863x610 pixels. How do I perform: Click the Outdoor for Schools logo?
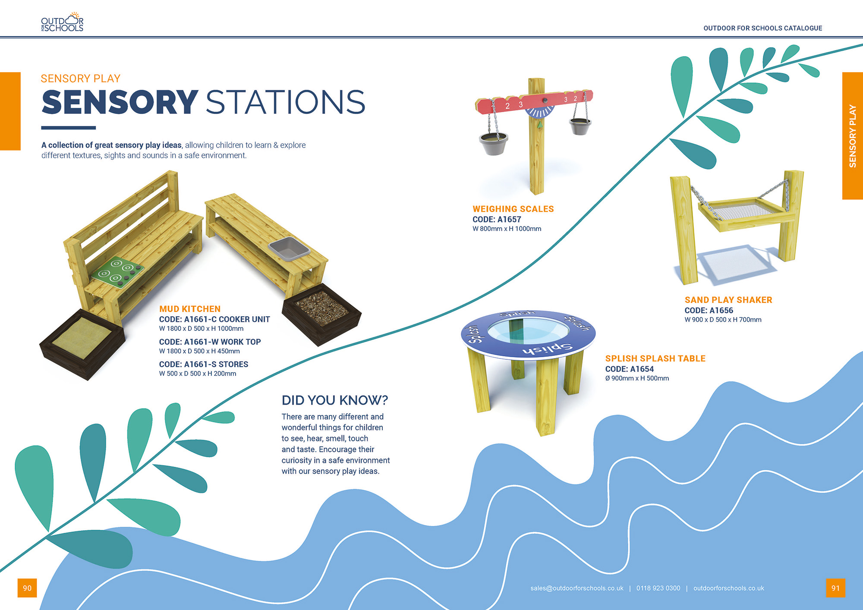pyautogui.click(x=62, y=22)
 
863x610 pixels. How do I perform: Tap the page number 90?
pyautogui.click(x=27, y=588)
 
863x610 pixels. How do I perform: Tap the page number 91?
pyautogui.click(x=835, y=588)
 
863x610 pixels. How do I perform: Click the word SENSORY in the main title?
pyautogui.click(x=120, y=102)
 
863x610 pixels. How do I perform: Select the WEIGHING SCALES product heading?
pyautogui.click(x=513, y=209)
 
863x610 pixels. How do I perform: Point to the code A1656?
pyautogui.click(x=721, y=310)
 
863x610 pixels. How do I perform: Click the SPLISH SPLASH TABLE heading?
pyautogui.click(x=655, y=358)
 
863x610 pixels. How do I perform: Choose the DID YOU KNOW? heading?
pyautogui.click(x=335, y=400)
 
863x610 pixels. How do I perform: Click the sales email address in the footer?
pyautogui.click(x=577, y=588)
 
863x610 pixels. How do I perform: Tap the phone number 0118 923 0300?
pyautogui.click(x=658, y=588)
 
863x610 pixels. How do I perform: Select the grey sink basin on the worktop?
pyautogui.click(x=289, y=249)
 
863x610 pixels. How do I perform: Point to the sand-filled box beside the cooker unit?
pyautogui.click(x=82, y=343)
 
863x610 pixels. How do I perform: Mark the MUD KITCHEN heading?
pyautogui.click(x=190, y=309)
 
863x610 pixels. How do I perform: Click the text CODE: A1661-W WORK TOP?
pyautogui.click(x=210, y=342)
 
